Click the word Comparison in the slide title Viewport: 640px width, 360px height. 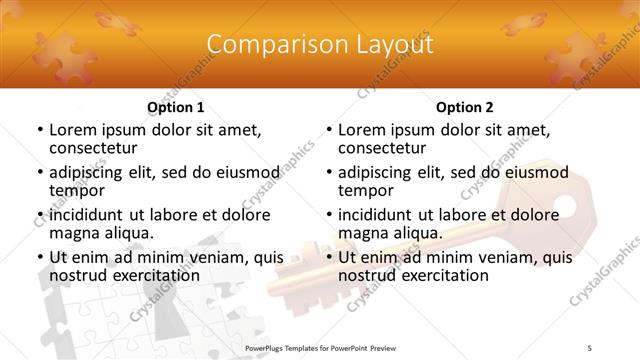tap(270, 45)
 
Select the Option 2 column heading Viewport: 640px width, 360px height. tap(464, 107)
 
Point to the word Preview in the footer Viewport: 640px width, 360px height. tap(391, 348)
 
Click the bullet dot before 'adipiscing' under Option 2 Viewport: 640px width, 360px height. tap(330, 173)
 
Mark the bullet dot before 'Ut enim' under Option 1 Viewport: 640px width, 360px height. tap(41, 258)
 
